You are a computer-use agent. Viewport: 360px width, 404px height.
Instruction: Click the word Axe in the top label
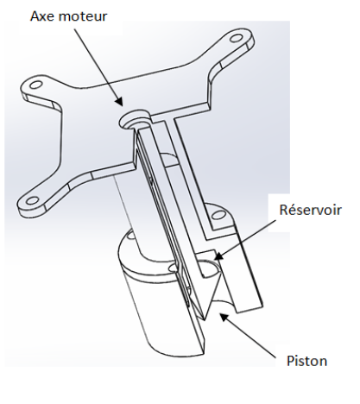click(x=42, y=16)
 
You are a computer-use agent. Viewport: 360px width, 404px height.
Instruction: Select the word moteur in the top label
click(x=82, y=16)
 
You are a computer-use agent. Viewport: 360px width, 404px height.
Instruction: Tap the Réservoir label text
click(x=310, y=210)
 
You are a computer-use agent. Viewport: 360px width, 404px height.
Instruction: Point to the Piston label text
click(x=306, y=361)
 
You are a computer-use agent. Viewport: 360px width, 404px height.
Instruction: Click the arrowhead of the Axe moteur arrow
click(x=119, y=101)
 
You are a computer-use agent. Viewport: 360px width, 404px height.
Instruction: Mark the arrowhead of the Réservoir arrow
click(x=219, y=256)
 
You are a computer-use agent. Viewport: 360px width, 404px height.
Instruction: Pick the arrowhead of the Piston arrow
click(x=224, y=318)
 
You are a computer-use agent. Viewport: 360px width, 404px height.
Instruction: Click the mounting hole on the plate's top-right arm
click(x=237, y=38)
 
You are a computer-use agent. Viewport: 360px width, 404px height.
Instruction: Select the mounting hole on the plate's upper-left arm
click(x=36, y=85)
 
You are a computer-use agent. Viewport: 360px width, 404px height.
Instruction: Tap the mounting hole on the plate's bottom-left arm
click(x=32, y=200)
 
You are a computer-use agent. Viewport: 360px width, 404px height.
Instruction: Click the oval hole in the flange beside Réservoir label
click(x=218, y=215)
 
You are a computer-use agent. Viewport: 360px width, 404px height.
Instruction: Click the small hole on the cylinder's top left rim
click(x=130, y=236)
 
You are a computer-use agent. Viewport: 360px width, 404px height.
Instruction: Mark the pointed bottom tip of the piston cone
click(x=205, y=319)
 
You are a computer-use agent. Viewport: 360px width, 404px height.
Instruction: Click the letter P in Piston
click(x=291, y=361)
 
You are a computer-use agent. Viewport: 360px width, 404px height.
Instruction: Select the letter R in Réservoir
click(x=284, y=210)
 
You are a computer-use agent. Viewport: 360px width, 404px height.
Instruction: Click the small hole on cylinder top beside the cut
click(x=173, y=268)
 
